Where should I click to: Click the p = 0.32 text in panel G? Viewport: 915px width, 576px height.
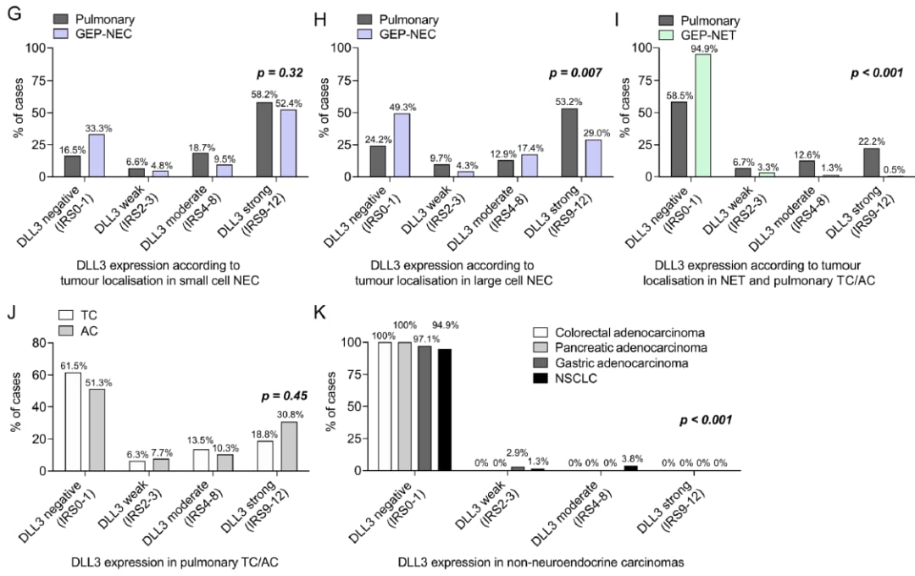coord(269,73)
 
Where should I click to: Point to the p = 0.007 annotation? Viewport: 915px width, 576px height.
coord(575,73)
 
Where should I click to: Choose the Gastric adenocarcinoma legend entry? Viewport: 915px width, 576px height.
coord(610,363)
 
